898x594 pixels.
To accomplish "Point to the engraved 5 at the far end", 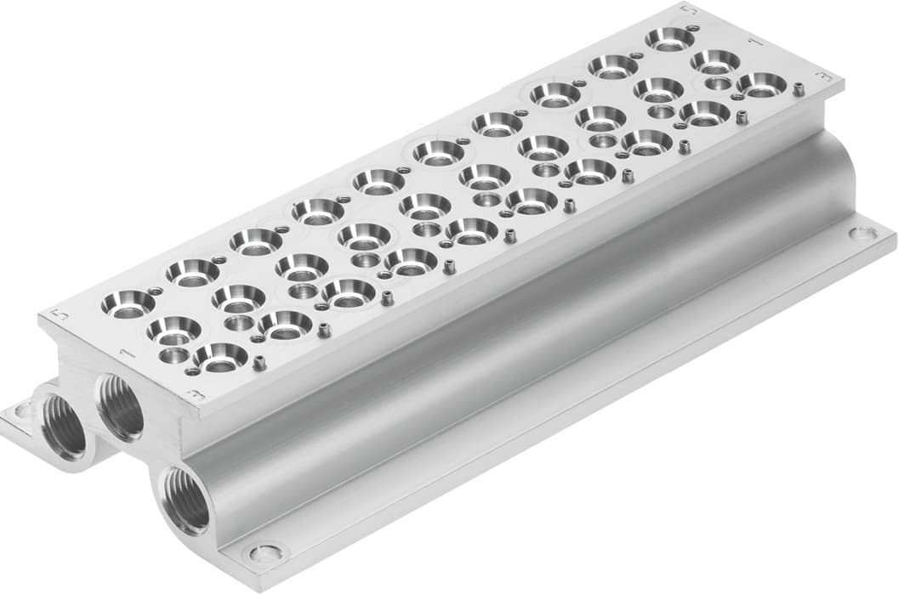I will (x=689, y=10).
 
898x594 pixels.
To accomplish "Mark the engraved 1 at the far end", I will (x=752, y=40).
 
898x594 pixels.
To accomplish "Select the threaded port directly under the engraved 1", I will (x=120, y=406).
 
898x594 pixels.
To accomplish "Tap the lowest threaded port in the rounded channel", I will (x=186, y=499).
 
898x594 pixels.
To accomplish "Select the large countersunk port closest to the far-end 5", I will (x=668, y=39).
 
